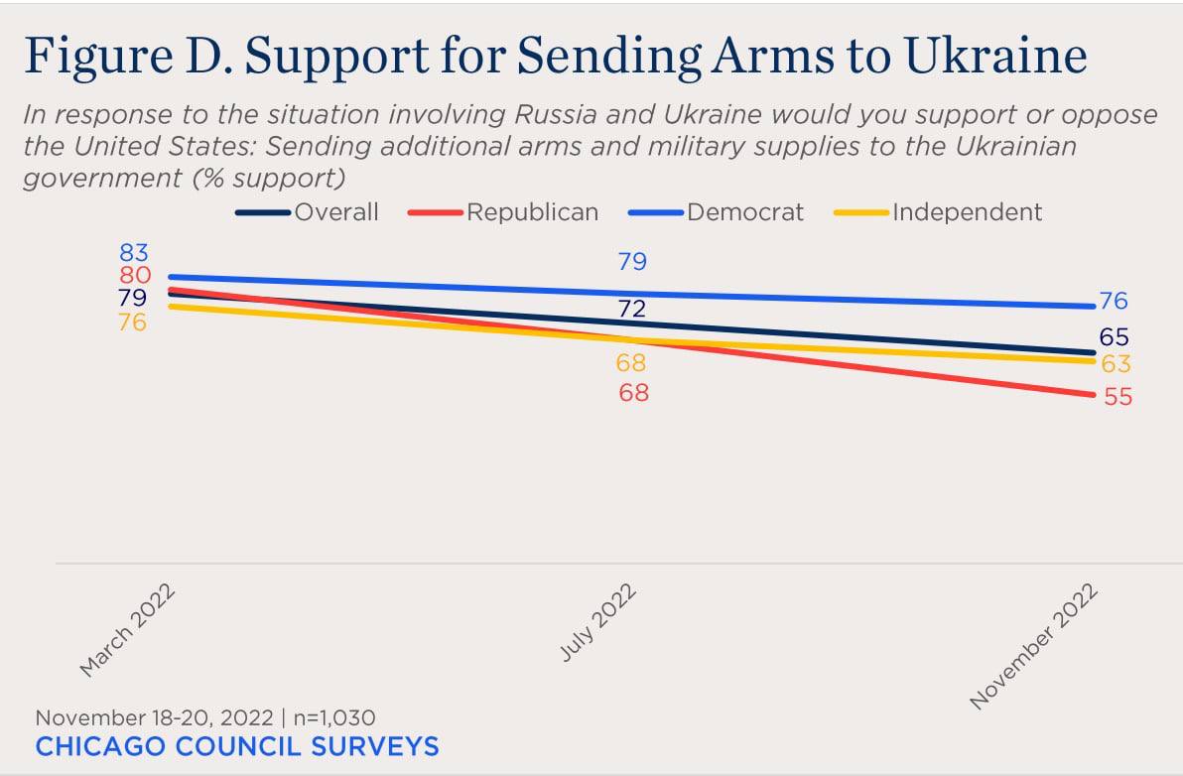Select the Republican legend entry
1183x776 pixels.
[x=532, y=211]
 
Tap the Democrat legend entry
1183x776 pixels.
[x=744, y=211]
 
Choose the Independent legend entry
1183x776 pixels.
[x=967, y=211]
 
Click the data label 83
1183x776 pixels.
[x=133, y=253]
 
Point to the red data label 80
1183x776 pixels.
[x=133, y=276]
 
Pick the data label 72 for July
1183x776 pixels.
[x=632, y=309]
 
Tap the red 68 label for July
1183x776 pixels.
[x=633, y=393]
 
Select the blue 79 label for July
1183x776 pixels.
[x=632, y=262]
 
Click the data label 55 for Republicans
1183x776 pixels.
[x=1117, y=397]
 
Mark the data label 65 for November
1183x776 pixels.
[x=1114, y=337]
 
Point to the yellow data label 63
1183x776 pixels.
[x=1116, y=364]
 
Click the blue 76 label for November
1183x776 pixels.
[x=1114, y=302]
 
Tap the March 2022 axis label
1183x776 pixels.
[x=128, y=631]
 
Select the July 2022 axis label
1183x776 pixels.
[x=598, y=624]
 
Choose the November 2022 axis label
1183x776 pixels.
[x=1035, y=646]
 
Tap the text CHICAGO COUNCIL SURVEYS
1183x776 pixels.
[x=237, y=746]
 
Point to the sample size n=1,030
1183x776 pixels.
[x=332, y=717]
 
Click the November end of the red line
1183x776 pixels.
[x=1092, y=395]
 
